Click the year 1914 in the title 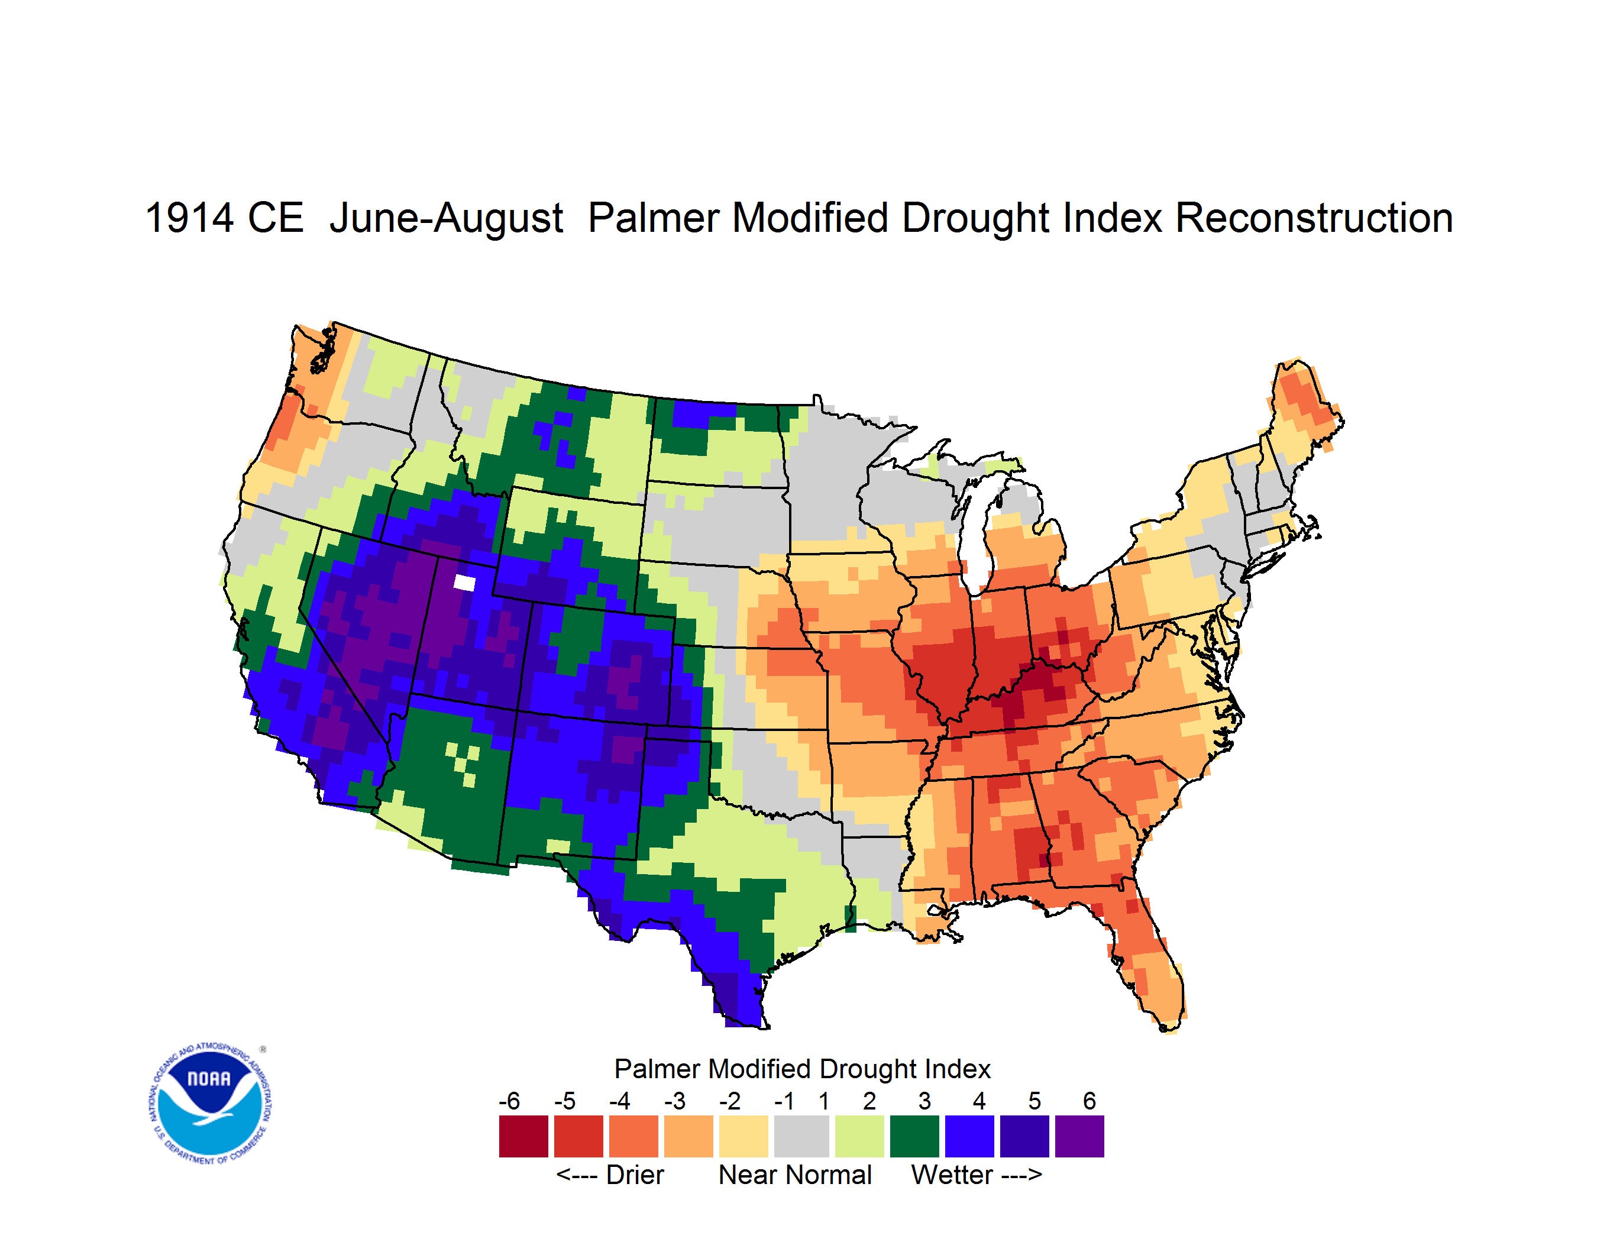click(x=189, y=218)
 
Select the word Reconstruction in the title click(x=1314, y=218)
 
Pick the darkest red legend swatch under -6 click(x=523, y=1136)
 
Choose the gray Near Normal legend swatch click(x=801, y=1136)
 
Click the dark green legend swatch click(x=914, y=1136)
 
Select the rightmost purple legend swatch click(x=1079, y=1136)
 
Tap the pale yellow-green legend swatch click(x=859, y=1136)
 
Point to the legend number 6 click(x=1090, y=1101)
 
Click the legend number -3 click(x=674, y=1101)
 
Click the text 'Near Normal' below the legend click(x=795, y=1175)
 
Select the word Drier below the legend click(x=635, y=1175)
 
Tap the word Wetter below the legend click(x=952, y=1175)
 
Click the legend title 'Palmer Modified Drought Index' click(x=802, y=1069)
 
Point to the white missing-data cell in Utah click(x=464, y=583)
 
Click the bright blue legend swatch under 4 click(x=969, y=1136)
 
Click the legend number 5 click(x=1035, y=1101)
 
